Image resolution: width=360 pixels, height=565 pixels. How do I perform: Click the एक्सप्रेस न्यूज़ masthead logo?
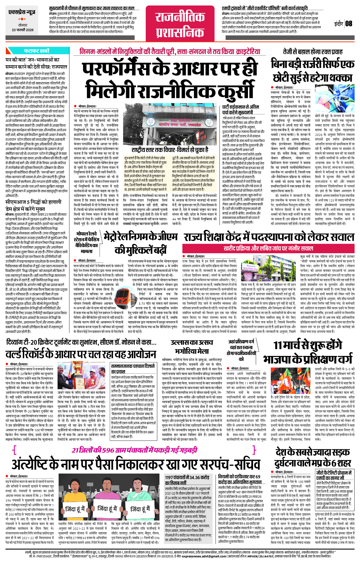tap(22, 12)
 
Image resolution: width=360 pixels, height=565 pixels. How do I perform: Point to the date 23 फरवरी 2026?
tap(23, 30)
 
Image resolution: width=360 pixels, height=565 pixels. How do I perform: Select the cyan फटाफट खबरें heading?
tap(37, 51)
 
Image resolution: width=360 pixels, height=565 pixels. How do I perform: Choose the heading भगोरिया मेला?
tap(192, 351)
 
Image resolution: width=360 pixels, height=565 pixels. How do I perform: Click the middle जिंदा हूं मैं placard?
tap(108, 508)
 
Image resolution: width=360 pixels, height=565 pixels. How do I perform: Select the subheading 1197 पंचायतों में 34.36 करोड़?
tap(187, 477)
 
